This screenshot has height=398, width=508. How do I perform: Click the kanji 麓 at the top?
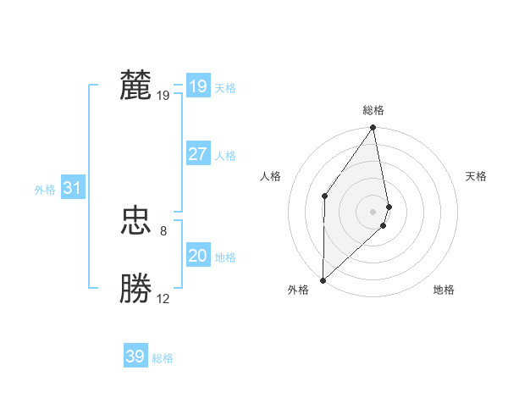tap(135, 86)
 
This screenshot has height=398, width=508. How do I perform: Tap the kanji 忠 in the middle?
tap(135, 222)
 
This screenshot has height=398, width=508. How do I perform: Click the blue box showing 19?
tap(197, 86)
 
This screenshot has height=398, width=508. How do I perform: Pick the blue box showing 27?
tap(197, 154)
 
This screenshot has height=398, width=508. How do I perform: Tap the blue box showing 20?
tap(197, 256)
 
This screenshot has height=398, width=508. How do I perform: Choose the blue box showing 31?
tap(72, 188)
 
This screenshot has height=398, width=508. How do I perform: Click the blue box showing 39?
tap(135, 357)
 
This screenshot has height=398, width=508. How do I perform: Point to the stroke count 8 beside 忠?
tap(163, 230)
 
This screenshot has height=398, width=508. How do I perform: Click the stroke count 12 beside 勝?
tap(163, 298)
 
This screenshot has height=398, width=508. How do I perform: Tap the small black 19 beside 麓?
tap(163, 95)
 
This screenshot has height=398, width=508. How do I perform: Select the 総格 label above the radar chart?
tap(373, 110)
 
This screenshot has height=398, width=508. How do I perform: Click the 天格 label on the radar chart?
tap(477, 176)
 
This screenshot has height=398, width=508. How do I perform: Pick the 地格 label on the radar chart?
tap(444, 290)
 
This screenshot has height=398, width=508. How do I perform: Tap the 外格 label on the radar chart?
tap(298, 290)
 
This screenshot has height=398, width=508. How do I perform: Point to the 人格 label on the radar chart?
tap(270, 176)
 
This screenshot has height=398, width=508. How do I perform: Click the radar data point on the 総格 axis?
tap(373, 128)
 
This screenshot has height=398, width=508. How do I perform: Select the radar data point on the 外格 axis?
tap(323, 279)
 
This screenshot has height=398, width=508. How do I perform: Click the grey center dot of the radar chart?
tap(373, 211)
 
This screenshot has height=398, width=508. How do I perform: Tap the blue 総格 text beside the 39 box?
tap(163, 358)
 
